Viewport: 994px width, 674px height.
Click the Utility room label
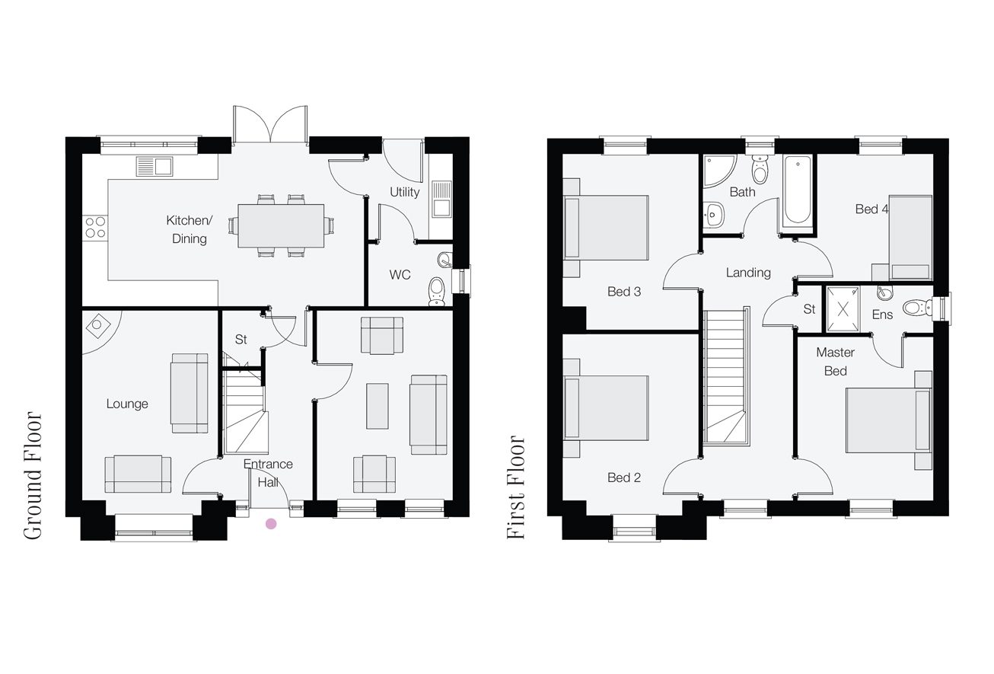404,192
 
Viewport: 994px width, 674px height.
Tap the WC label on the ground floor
400,275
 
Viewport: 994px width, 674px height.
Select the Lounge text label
127,404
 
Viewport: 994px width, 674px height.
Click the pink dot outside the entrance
271,524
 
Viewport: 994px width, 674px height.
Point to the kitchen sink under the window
155,167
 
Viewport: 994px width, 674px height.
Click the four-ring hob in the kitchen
95,227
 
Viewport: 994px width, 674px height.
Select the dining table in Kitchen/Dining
281,225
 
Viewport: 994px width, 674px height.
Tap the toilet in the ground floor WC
437,291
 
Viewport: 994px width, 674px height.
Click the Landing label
748,272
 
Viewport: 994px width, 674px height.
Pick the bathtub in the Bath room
798,190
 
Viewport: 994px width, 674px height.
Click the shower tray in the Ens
843,309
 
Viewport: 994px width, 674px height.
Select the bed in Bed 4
910,238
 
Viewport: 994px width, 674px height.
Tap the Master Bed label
835,362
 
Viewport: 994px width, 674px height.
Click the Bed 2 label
624,478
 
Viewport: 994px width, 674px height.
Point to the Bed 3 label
624,291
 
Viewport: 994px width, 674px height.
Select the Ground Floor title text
32,475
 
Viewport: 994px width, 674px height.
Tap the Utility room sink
441,199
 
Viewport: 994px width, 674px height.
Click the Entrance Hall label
268,473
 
